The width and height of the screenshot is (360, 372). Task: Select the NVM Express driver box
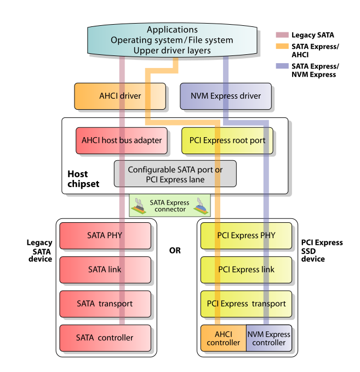226,96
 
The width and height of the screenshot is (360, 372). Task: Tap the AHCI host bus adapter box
121,140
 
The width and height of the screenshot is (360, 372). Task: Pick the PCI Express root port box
227,140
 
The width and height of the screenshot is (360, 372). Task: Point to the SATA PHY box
105,235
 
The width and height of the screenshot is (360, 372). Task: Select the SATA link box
105,269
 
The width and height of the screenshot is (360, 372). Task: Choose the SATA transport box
105,303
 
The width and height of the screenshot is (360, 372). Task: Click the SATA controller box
105,337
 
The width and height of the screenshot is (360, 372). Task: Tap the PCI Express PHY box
246,235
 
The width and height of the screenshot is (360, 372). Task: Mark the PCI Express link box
246,269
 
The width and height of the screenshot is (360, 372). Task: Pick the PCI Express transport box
246,303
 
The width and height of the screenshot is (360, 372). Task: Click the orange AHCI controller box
223,338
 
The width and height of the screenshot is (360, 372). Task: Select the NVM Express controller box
268,338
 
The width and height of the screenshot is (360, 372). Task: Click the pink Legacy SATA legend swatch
282,35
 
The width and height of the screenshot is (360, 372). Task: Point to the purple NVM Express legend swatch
282,66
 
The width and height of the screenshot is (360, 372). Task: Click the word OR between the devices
175,251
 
